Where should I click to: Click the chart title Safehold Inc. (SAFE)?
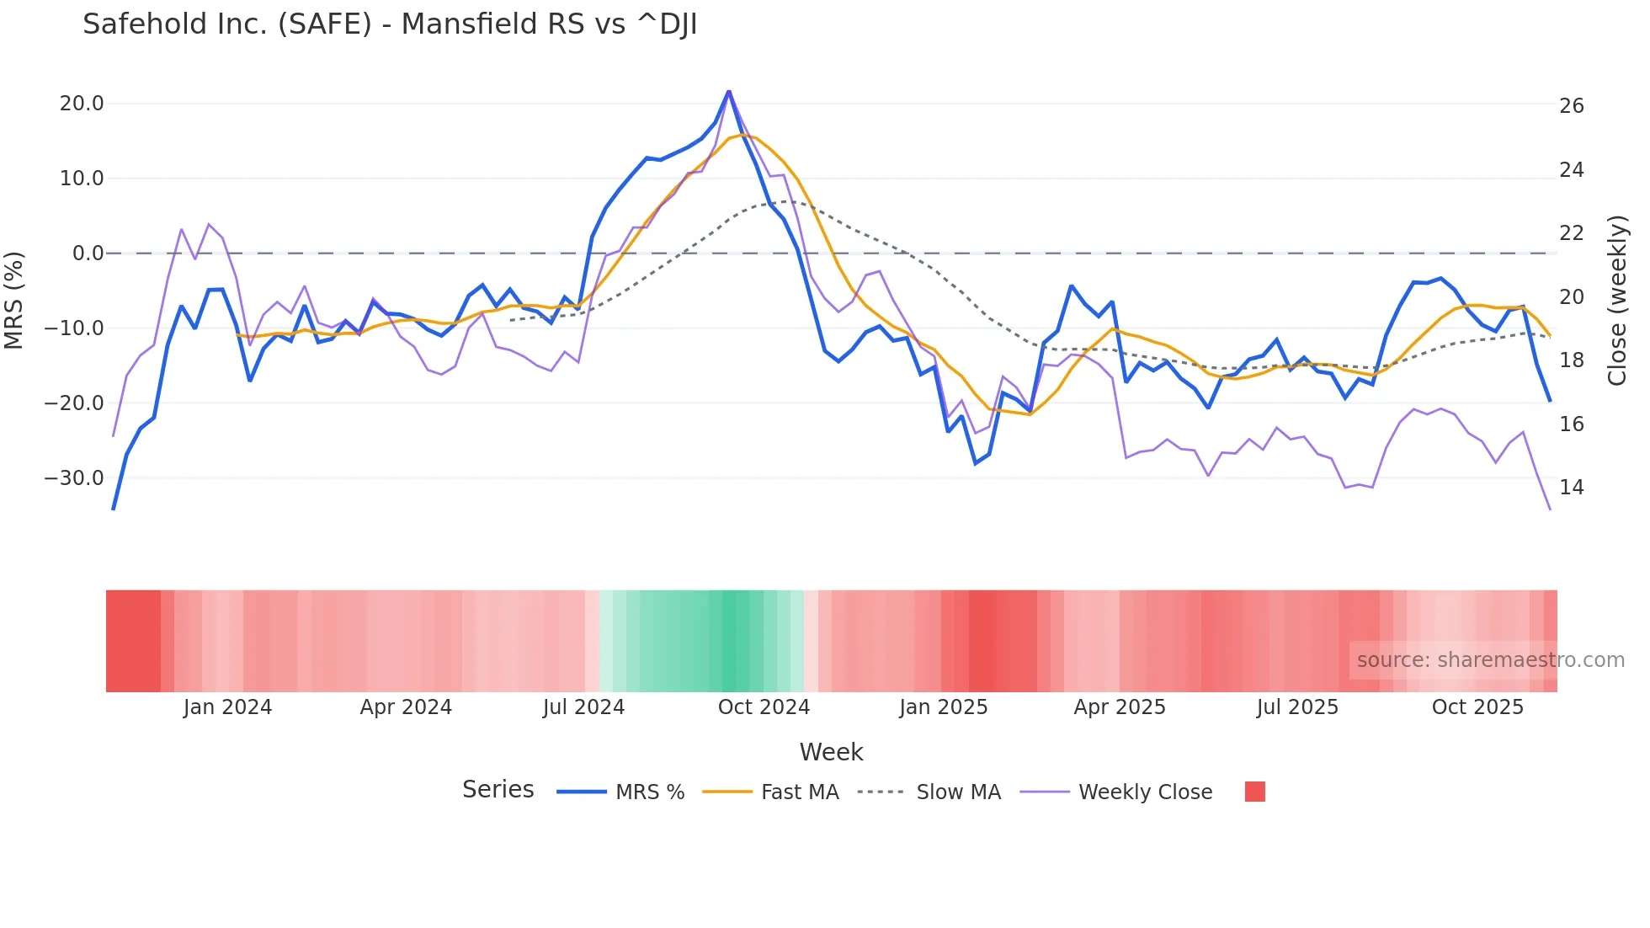pyautogui.click(x=389, y=24)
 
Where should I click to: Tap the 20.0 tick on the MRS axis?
pyautogui.click(x=82, y=104)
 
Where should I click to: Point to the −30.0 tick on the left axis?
pyautogui.click(x=74, y=478)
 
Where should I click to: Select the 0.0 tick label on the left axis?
pyautogui.click(x=88, y=253)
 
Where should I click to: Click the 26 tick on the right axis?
pyautogui.click(x=1571, y=106)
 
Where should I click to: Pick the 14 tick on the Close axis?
pyautogui.click(x=1571, y=488)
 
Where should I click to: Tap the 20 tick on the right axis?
pyautogui.click(x=1571, y=297)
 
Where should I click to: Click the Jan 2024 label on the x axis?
pyautogui.click(x=227, y=707)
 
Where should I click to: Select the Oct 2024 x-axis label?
pyautogui.click(x=764, y=707)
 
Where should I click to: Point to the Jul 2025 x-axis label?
pyautogui.click(x=1297, y=707)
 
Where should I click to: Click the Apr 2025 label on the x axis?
pyautogui.click(x=1120, y=707)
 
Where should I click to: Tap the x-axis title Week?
pyautogui.click(x=831, y=752)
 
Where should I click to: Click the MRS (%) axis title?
pyautogui.click(x=14, y=301)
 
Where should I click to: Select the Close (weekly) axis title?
pyautogui.click(x=1616, y=301)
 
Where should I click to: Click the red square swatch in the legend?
pyautogui.click(x=1254, y=792)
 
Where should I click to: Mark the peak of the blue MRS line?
pyautogui.click(x=728, y=91)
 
